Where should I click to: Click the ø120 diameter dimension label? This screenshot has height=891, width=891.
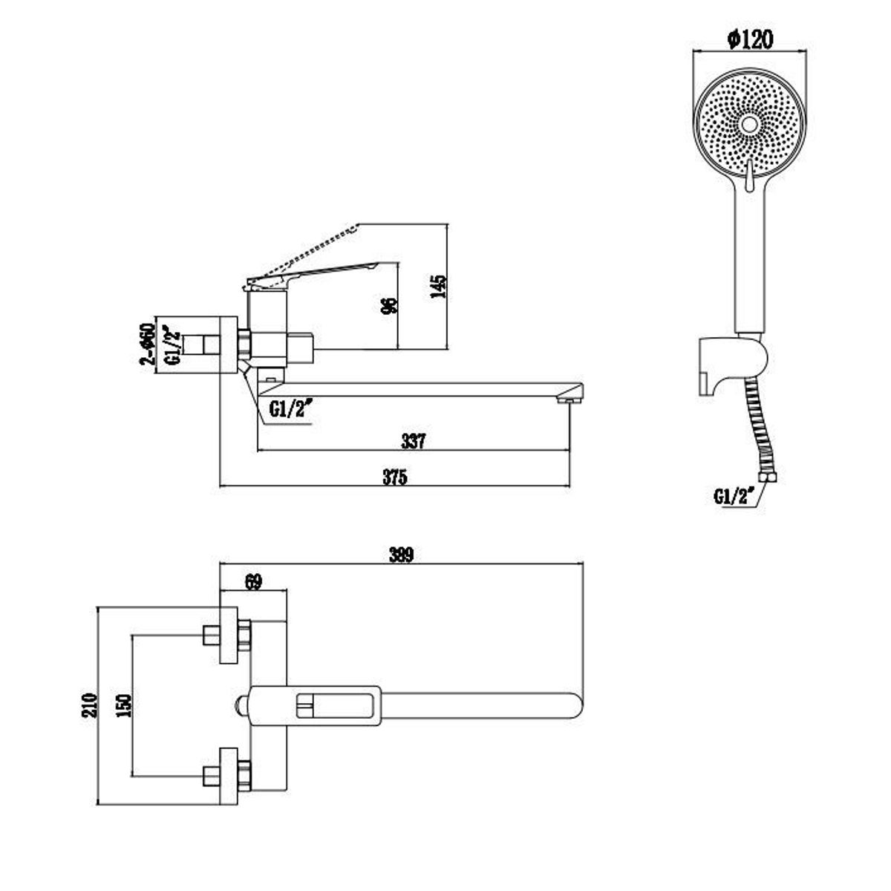coord(749,40)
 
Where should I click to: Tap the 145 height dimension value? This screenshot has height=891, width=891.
coord(438,286)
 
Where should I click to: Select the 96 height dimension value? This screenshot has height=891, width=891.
coord(388,306)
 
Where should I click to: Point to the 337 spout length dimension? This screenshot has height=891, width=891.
coord(413,441)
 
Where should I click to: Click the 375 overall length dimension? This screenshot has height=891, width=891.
coord(395,477)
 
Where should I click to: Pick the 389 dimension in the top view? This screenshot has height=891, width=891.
coord(401,555)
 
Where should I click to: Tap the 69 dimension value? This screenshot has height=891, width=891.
coord(253,581)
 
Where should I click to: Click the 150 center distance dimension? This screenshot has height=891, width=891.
coord(125,705)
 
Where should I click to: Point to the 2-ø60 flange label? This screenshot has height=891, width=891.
coord(148,344)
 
